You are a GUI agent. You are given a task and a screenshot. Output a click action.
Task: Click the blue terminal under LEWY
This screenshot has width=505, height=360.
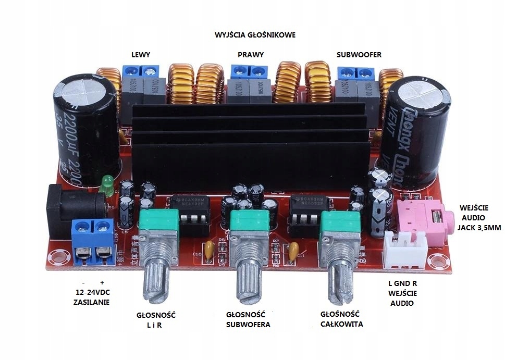tap(140, 71)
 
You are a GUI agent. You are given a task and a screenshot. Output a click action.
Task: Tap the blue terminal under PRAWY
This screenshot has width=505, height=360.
tap(248, 71)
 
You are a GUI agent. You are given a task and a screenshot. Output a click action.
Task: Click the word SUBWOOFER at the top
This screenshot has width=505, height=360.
tap(359, 54)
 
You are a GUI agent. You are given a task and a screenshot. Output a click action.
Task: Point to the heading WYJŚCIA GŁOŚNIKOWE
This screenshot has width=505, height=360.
tap(255, 35)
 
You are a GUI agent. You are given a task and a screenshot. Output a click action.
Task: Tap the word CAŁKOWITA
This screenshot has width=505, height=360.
tap(342, 324)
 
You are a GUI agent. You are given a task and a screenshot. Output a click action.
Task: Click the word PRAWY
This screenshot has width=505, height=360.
tap(251, 54)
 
